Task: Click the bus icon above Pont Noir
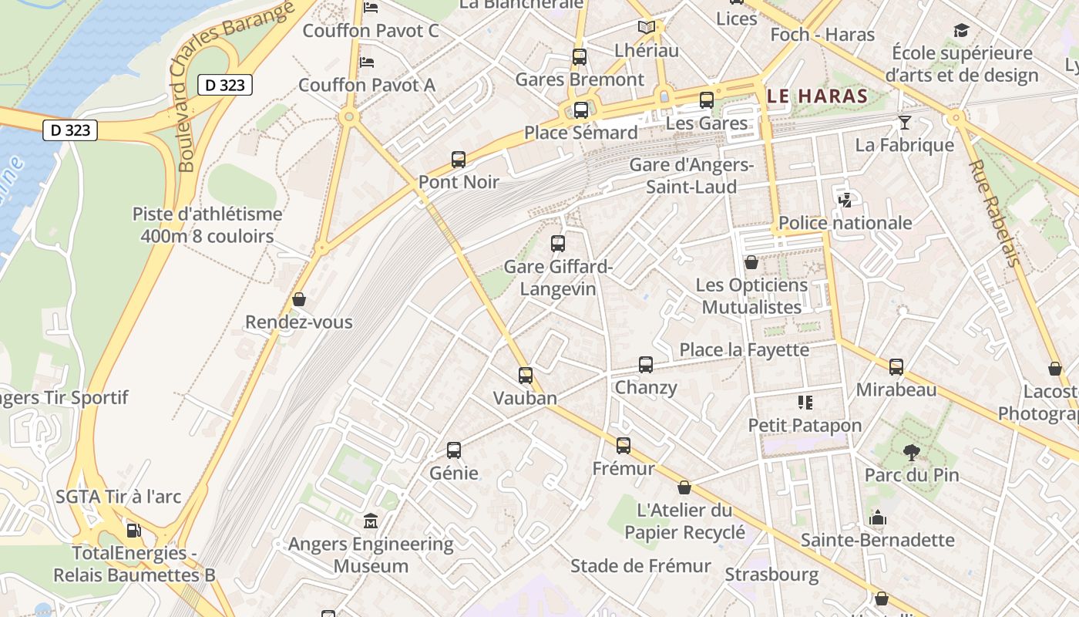[459, 160]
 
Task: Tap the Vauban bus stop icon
[526, 376]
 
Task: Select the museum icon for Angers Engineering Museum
[371, 521]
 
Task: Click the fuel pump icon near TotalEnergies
[133, 531]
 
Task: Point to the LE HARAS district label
[818, 96]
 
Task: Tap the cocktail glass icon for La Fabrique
[905, 123]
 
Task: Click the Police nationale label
[845, 223]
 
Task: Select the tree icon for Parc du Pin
[912, 452]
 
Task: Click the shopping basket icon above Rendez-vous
[299, 299]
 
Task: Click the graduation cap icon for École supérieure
[961, 31]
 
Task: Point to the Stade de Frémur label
[640, 566]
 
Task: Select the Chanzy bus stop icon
[646, 365]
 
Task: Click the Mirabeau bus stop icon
[896, 367]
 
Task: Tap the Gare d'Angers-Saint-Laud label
[691, 176]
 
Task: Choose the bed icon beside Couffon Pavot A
[368, 62]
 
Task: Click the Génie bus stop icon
[454, 450]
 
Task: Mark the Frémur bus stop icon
[624, 446]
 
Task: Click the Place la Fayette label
[744, 350]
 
